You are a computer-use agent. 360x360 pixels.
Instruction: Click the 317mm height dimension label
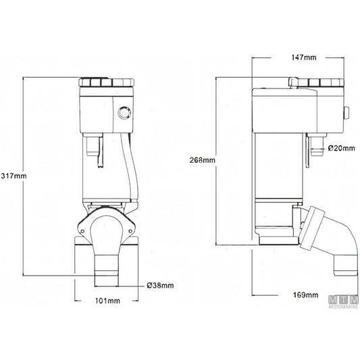click(x=14, y=176)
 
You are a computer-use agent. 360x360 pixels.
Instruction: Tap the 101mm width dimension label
click(x=107, y=301)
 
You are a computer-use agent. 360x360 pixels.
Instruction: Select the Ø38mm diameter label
click(x=160, y=286)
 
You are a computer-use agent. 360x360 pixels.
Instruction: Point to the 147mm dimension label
click(x=304, y=57)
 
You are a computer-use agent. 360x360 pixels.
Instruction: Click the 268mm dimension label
click(x=202, y=160)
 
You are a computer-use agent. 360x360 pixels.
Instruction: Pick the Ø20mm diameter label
click(x=341, y=148)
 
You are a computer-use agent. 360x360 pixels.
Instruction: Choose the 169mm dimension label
click(x=305, y=294)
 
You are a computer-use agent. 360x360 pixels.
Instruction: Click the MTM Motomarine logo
click(x=344, y=302)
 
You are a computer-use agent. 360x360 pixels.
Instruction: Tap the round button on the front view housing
click(x=124, y=113)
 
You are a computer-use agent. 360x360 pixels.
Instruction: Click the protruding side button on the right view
click(x=346, y=113)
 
